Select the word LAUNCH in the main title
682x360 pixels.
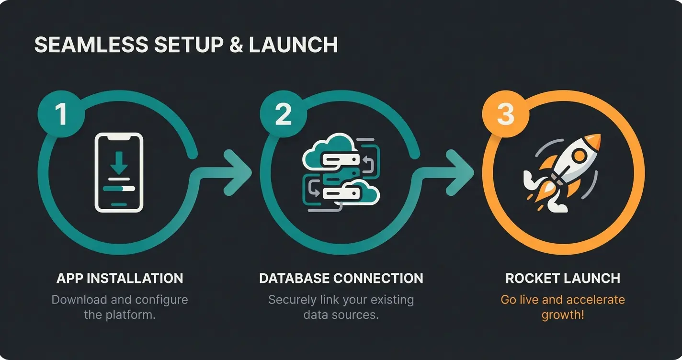coord(293,45)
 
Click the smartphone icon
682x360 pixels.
coord(119,172)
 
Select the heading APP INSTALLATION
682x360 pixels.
coord(119,278)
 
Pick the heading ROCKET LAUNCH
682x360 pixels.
coord(563,278)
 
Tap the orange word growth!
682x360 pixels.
coord(563,315)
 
